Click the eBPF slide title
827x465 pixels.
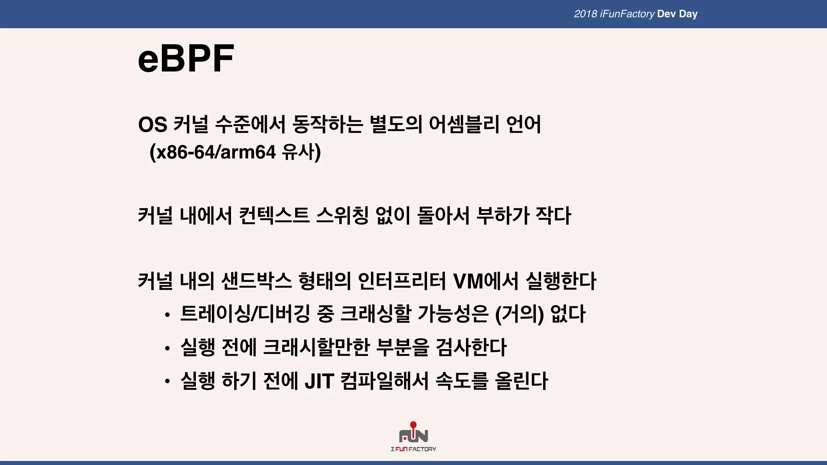coord(186,59)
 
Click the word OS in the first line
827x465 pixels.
coord(153,124)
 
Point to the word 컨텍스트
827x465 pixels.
coord(274,216)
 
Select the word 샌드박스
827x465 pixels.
coord(256,281)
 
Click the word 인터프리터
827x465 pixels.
coord(402,281)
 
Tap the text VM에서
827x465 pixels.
coord(486,281)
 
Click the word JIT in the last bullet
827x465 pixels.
coord(319,381)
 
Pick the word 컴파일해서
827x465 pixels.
coord(384,381)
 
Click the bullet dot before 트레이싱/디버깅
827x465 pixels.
coord(167,315)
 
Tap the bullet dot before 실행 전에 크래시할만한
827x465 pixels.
coord(167,348)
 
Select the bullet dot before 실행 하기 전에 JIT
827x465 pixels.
coord(167,382)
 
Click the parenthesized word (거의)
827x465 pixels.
coord(519,314)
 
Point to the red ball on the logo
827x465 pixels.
coord(413,425)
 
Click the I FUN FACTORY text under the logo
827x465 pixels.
coord(413,449)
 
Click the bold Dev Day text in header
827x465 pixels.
coord(677,14)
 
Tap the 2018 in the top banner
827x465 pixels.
coord(586,14)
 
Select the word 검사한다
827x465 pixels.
coord(471,348)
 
